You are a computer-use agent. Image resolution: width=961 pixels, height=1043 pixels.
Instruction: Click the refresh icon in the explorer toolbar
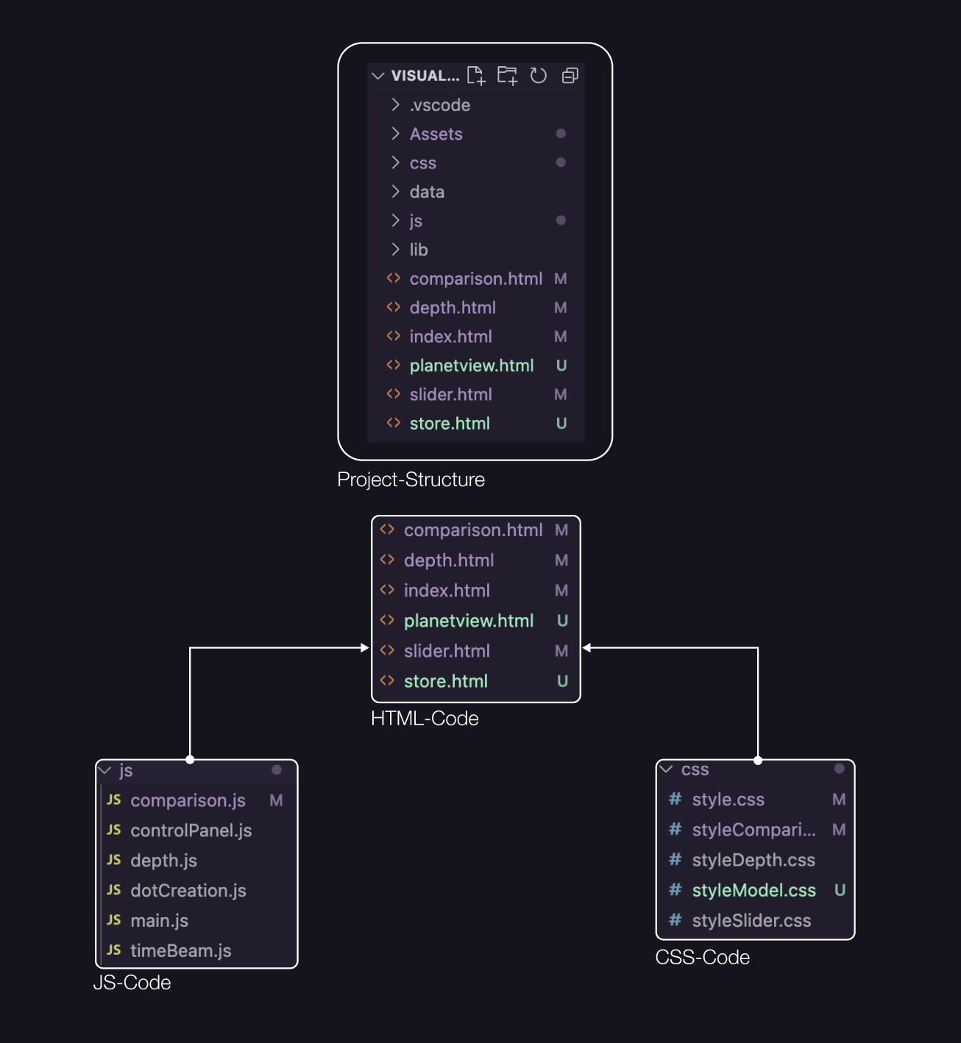point(539,76)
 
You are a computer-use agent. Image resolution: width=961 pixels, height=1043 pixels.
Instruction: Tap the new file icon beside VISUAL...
point(476,75)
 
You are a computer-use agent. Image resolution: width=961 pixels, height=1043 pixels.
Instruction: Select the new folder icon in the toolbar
point(507,75)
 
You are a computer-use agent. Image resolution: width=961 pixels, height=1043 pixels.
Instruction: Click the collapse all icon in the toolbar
point(570,76)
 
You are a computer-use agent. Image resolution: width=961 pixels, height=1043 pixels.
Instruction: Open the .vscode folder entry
point(439,105)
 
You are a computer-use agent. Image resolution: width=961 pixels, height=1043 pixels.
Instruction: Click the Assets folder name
point(436,134)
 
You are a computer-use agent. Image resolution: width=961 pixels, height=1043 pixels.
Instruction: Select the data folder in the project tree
point(427,192)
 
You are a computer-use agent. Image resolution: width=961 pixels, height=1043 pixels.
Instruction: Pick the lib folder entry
point(419,250)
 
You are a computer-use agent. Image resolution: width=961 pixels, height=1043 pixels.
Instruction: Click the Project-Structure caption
point(411,480)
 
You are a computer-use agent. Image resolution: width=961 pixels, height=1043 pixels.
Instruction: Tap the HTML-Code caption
point(425,719)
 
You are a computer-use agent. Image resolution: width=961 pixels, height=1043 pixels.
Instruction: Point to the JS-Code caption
point(132,983)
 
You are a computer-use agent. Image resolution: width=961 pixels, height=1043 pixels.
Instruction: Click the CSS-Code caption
point(702,958)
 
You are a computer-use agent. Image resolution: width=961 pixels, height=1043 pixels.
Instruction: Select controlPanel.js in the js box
point(191,830)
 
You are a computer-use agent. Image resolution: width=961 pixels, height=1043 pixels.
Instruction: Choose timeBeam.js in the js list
point(180,951)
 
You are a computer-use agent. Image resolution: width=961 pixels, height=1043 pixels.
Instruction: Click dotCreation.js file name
point(188,891)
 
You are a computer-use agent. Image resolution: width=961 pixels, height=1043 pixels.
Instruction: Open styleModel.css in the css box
point(753,891)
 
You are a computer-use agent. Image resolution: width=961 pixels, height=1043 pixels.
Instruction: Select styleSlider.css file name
point(751,921)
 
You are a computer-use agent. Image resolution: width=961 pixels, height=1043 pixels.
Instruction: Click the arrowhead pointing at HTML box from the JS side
point(365,648)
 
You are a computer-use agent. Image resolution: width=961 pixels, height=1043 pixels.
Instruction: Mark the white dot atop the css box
point(758,761)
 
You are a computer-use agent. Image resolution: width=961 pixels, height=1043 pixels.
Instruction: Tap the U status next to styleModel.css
point(840,891)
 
